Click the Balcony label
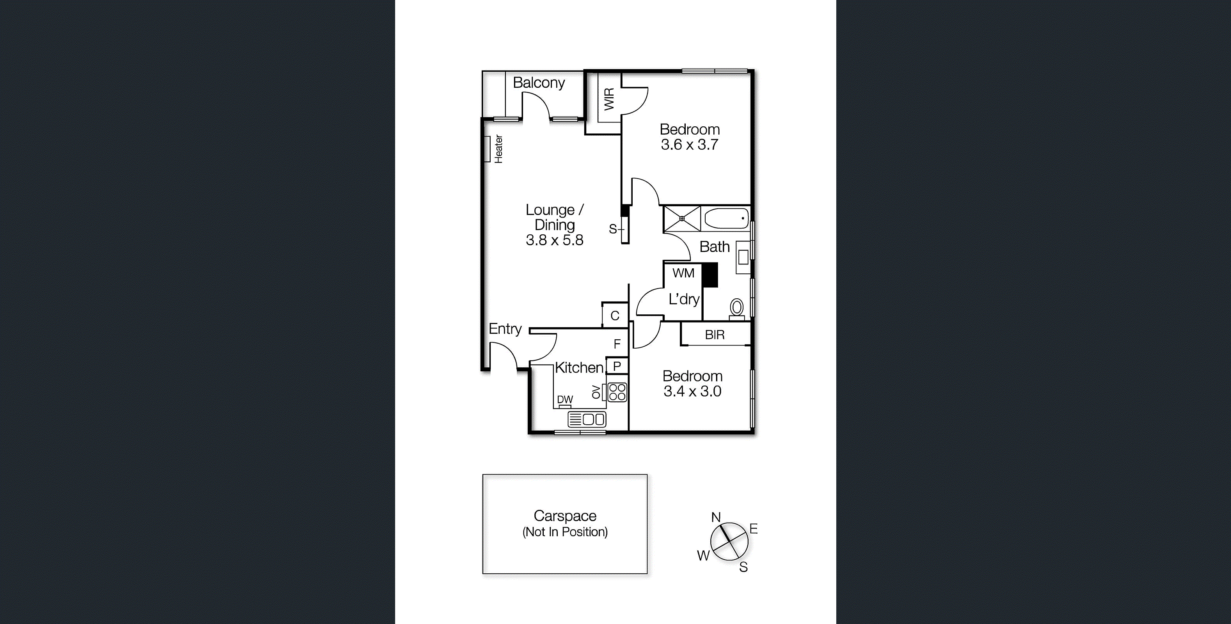pos(539,83)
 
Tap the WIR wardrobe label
pos(609,99)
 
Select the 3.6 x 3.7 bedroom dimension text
pos(689,145)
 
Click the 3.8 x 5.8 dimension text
pos(554,240)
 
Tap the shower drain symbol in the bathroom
pos(682,218)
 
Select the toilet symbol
pos(737,308)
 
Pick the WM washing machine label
pos(683,273)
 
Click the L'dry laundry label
pos(684,300)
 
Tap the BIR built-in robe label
pos(715,335)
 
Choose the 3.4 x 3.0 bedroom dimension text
pos(692,391)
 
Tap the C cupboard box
pos(615,316)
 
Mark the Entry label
pos(505,329)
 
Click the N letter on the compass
pos(715,517)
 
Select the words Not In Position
pos(565,532)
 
